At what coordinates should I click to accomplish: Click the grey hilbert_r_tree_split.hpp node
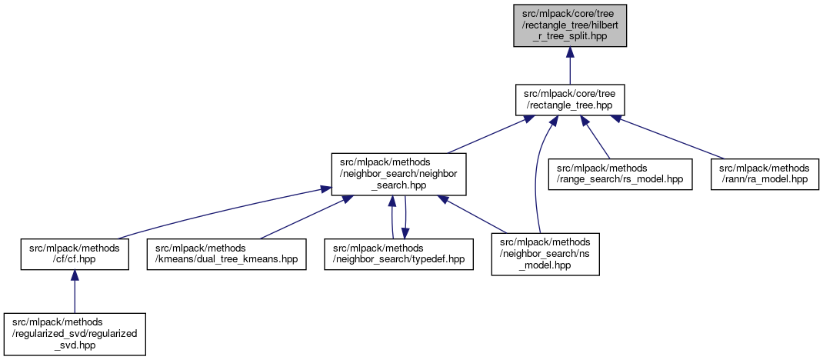tap(570, 25)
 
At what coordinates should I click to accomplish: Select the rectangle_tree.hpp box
tap(570, 99)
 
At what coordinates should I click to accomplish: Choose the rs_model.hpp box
tap(620, 173)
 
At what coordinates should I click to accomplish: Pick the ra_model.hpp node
tap(764, 173)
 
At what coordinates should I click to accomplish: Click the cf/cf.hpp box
tap(74, 253)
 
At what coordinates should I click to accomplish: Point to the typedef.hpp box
tap(398, 253)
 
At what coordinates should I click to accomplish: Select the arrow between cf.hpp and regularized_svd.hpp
tap(74, 294)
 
